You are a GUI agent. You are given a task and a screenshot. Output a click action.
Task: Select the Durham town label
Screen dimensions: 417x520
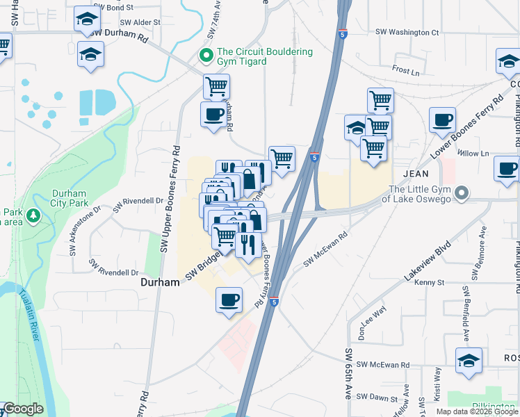(160, 283)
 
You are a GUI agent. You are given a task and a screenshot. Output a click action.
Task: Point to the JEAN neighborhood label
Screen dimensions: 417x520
(413, 172)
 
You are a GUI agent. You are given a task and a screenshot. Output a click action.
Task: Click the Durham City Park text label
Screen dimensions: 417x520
(70, 198)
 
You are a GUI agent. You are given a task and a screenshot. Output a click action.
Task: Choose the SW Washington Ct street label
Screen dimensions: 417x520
(407, 32)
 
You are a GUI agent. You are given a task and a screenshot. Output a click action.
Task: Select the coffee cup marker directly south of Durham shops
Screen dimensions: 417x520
(229, 301)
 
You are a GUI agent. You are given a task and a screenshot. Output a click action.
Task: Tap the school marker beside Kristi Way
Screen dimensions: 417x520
(469, 361)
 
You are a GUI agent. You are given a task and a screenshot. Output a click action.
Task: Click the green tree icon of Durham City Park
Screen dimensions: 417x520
(33, 218)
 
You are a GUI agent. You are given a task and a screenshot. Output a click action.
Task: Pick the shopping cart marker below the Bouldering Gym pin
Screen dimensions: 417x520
(216, 88)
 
